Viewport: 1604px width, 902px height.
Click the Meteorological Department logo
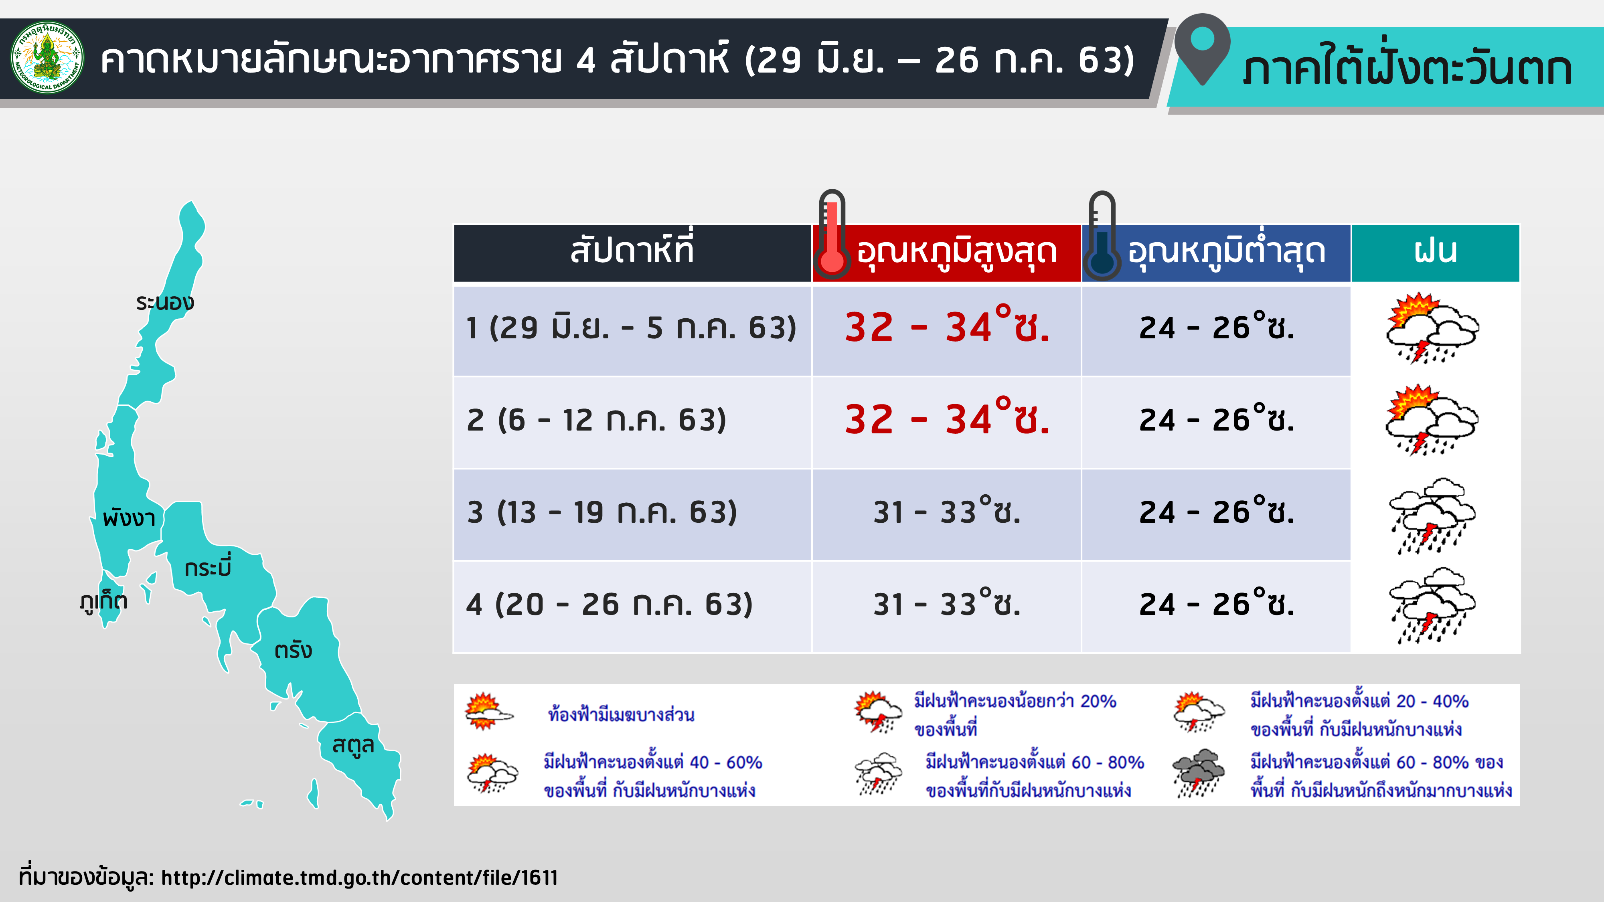47,57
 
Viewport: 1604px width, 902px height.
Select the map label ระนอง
165,303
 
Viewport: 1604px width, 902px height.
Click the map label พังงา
129,517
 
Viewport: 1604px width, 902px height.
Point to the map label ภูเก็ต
103,601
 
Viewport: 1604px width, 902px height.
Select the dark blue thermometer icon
1102,235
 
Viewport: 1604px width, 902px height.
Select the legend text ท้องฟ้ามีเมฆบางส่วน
621,715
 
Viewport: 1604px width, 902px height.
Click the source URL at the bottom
359,877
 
